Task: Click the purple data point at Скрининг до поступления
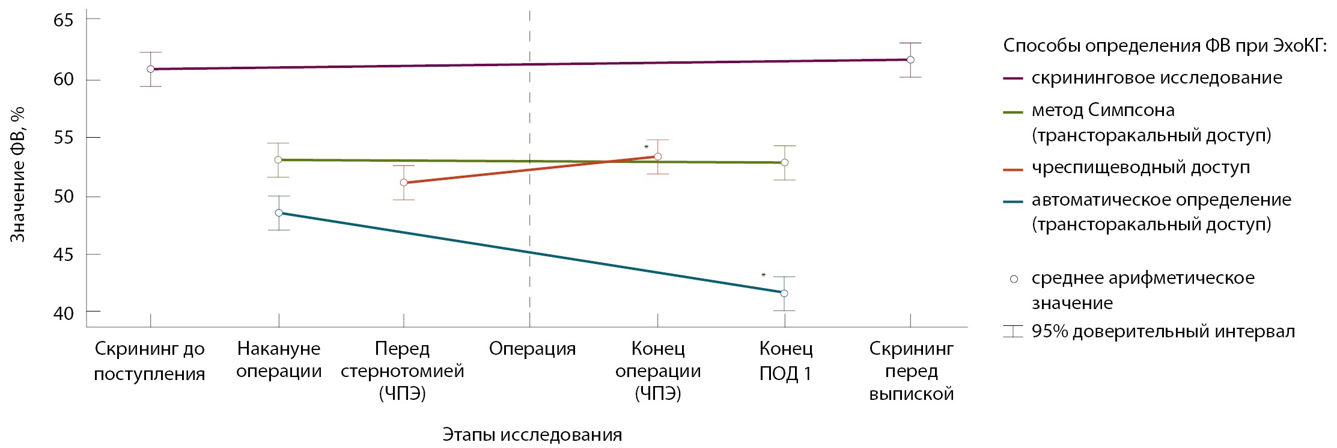(x=150, y=69)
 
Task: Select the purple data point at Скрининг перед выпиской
(x=910, y=60)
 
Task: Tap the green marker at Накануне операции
(x=278, y=160)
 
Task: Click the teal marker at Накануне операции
(x=278, y=213)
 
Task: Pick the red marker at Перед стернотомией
(x=403, y=182)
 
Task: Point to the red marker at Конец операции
(x=657, y=156)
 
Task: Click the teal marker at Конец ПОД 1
(x=784, y=293)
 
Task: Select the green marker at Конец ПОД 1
(x=784, y=162)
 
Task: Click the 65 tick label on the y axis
(x=63, y=20)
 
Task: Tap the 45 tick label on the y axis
(x=63, y=254)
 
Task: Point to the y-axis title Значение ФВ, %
(x=18, y=174)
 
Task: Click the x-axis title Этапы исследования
(x=532, y=435)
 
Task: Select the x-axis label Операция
(x=532, y=349)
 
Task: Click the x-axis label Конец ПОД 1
(x=785, y=361)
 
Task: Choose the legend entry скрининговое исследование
(x=1157, y=78)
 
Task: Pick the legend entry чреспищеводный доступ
(x=1141, y=168)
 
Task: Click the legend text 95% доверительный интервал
(x=1163, y=331)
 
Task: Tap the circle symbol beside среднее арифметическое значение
(x=1014, y=279)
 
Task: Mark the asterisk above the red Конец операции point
(x=647, y=147)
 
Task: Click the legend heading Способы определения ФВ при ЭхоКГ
(x=1165, y=46)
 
